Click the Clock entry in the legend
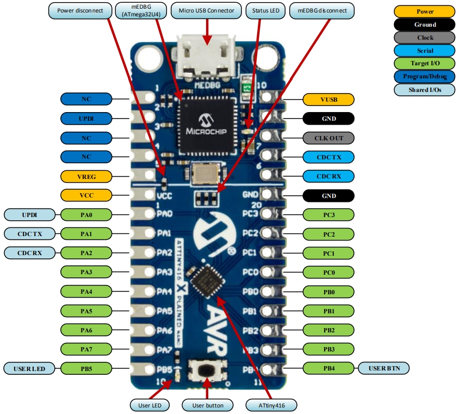[425, 38]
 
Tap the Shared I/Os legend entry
[425, 90]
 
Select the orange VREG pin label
[86, 176]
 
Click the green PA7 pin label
[86, 349]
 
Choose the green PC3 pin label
[328, 215]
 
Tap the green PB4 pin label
[328, 368]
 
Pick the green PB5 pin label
[86, 368]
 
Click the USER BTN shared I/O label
[384, 368]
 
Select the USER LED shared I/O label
[30, 368]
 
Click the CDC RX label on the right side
[328, 176]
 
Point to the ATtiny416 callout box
[270, 405]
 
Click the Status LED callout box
[265, 10]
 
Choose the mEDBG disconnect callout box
[322, 10]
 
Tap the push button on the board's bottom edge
[207, 371]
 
